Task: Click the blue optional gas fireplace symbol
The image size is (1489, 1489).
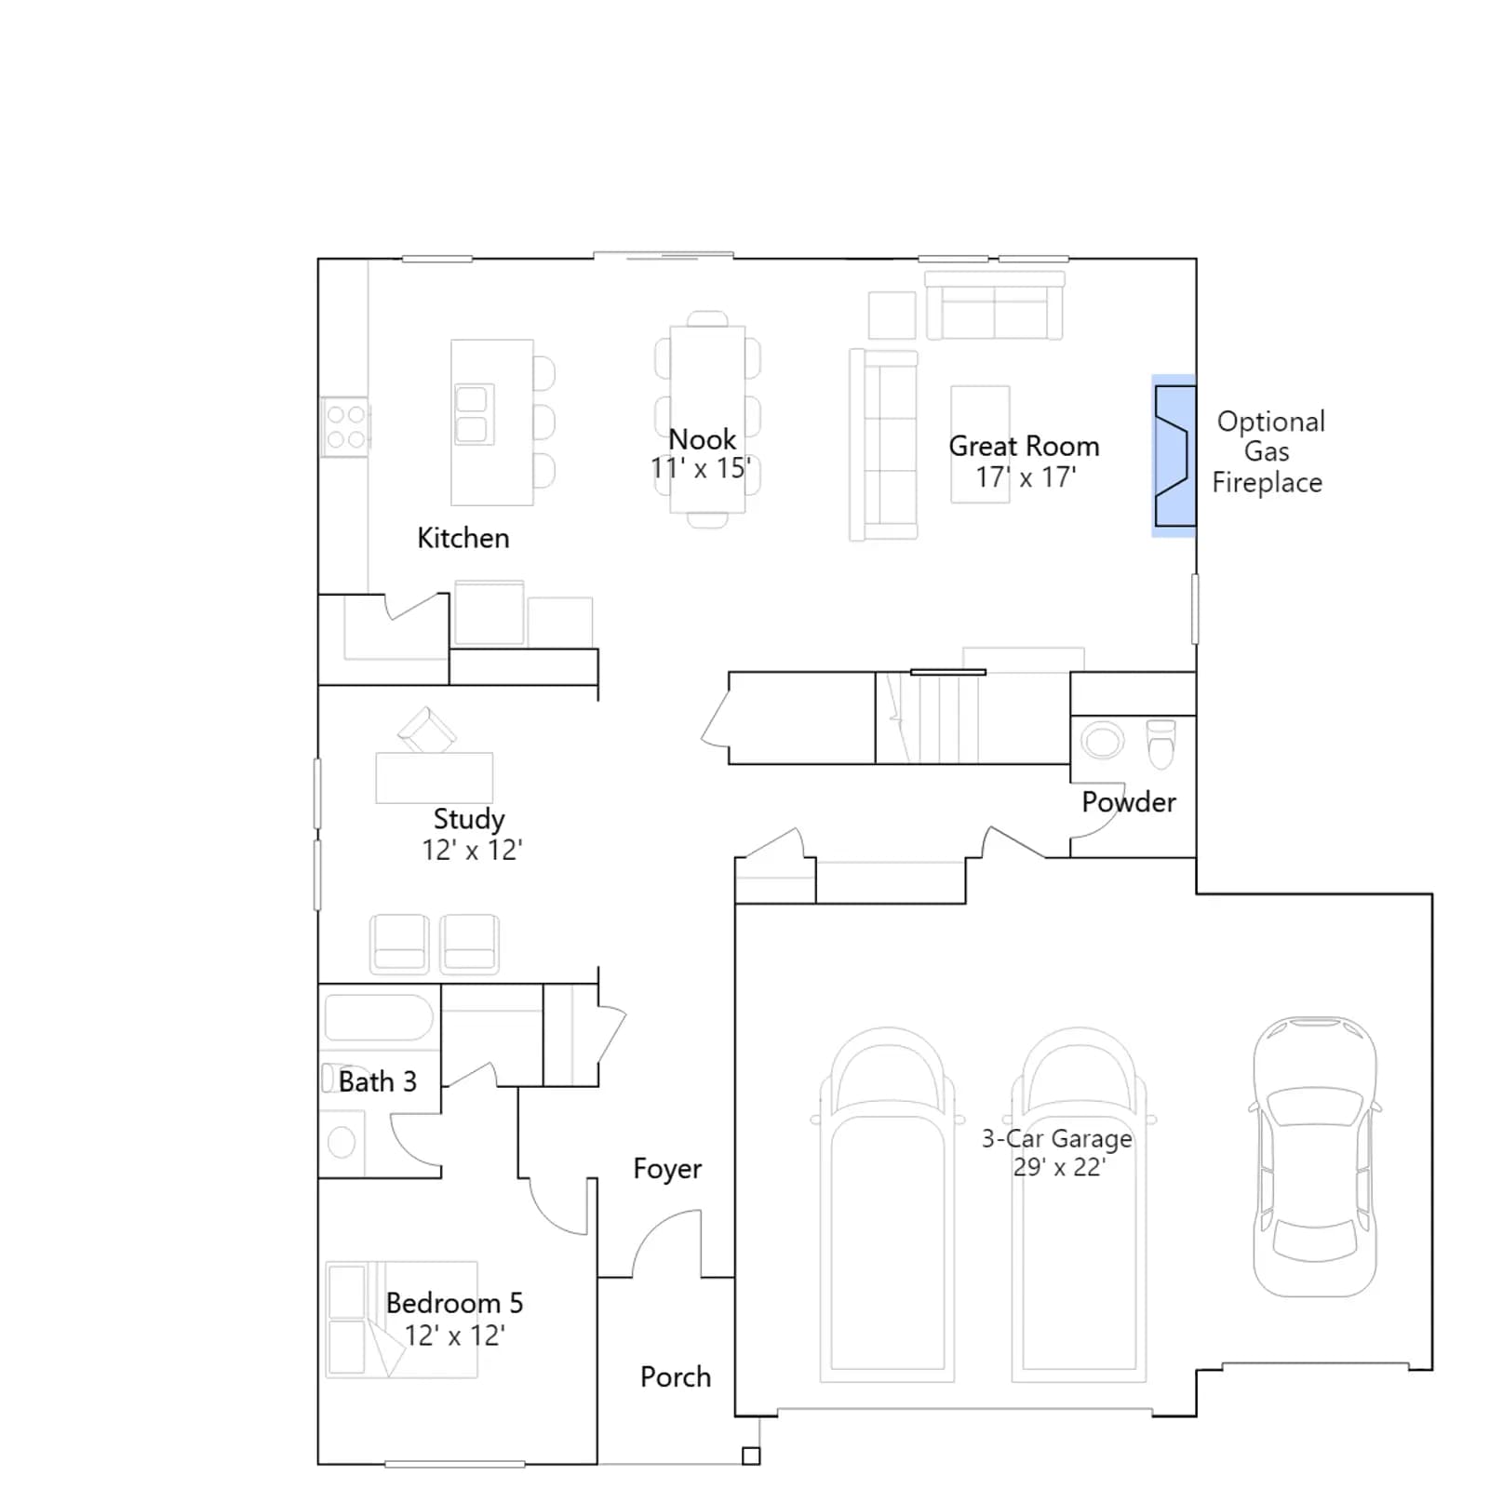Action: [x=1174, y=456]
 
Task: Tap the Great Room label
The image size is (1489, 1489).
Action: [x=1024, y=447]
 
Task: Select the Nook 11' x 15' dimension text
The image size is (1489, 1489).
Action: [x=701, y=468]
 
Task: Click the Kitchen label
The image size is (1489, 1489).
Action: [x=463, y=538]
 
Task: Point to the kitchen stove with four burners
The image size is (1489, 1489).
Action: [x=345, y=427]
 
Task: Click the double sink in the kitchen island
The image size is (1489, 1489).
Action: [x=472, y=414]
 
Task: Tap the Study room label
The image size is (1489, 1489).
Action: [x=469, y=819]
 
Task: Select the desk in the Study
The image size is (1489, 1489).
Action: [x=435, y=778]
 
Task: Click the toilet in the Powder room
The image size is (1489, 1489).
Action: [x=1161, y=744]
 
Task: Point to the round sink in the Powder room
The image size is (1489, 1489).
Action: [x=1102, y=742]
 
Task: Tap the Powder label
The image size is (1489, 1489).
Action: [x=1129, y=802]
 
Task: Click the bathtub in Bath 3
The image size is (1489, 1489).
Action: [x=378, y=1017]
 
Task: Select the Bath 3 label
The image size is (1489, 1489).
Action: [x=377, y=1081]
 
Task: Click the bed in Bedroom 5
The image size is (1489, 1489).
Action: [x=401, y=1320]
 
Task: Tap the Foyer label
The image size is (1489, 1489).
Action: [x=667, y=1169]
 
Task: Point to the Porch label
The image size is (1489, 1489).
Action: [x=676, y=1377]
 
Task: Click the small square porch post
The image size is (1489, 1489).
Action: [x=751, y=1456]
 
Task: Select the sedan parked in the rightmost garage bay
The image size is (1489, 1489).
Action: [x=1314, y=1157]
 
